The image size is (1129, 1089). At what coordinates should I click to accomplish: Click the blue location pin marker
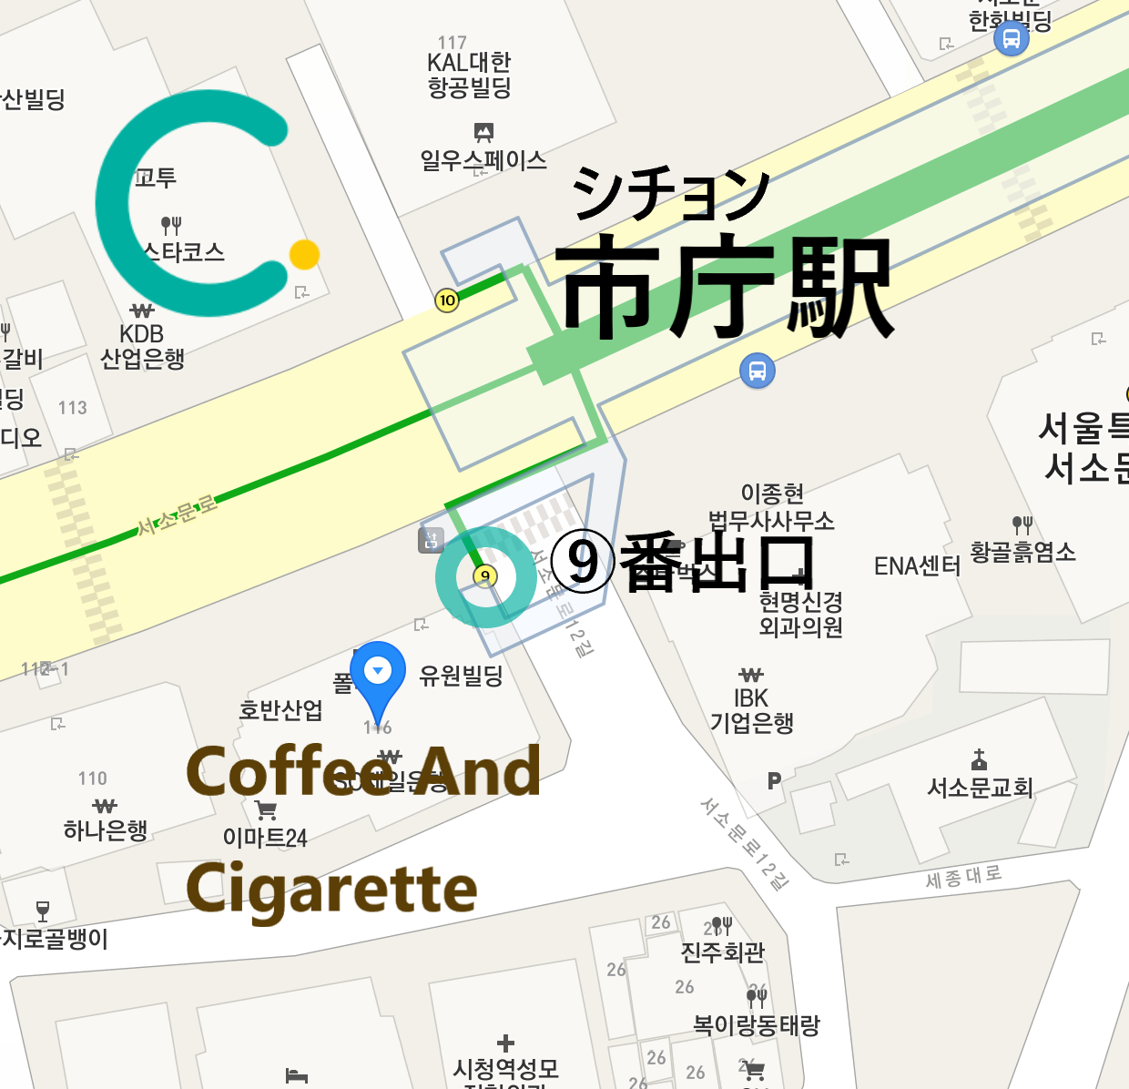click(378, 674)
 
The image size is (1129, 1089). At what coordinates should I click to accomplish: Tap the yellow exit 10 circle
click(446, 300)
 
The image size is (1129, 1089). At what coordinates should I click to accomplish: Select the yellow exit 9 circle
click(485, 575)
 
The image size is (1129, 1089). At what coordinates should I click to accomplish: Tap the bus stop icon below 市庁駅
click(758, 371)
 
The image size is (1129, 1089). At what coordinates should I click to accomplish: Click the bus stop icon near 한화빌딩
click(1011, 38)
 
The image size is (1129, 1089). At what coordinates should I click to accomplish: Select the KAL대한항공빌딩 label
click(469, 75)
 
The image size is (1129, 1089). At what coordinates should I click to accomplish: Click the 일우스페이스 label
click(483, 160)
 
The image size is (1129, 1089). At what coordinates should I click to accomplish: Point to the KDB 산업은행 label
click(142, 347)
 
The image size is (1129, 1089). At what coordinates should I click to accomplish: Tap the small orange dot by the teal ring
click(304, 254)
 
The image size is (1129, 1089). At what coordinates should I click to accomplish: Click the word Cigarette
click(331, 890)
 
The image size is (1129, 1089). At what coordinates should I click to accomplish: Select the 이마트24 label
click(265, 837)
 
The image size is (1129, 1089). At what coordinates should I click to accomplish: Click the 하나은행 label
click(106, 829)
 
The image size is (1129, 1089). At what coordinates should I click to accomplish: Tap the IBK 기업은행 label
click(752, 710)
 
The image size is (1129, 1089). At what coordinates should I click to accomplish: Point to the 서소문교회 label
click(980, 787)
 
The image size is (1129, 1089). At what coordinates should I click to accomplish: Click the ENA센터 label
click(917, 566)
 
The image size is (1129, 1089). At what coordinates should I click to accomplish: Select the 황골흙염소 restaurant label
click(1022, 551)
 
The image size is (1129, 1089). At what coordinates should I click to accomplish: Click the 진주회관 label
click(723, 952)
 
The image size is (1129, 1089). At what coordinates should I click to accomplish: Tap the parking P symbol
click(774, 780)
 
